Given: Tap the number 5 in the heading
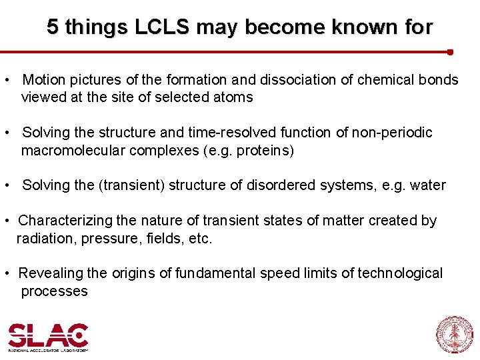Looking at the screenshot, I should (53, 27).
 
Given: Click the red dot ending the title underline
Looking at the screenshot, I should (450, 51).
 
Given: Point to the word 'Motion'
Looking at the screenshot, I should (44, 80).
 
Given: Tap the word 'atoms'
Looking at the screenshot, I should (233, 97).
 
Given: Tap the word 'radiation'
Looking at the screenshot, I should (46, 238).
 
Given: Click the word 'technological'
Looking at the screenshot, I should (400, 273).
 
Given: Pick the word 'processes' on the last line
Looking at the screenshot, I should (54, 291).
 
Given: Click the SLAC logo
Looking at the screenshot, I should (48, 337).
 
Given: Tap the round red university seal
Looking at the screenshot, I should (454, 335).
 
